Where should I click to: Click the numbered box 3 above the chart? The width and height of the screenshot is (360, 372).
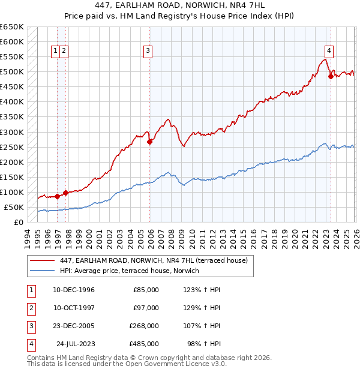pos(148,52)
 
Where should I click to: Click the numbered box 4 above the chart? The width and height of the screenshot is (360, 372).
pos(329,52)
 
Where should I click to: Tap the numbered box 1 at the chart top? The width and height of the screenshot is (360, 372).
pos(55,52)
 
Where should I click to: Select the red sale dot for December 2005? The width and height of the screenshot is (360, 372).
pos(150,142)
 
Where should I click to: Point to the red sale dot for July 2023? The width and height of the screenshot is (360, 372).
pos(331,76)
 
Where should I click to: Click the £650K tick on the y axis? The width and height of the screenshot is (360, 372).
pos(12,27)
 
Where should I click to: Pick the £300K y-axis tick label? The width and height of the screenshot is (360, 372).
pos(12,132)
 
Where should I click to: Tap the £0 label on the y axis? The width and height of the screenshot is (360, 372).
pos(19,222)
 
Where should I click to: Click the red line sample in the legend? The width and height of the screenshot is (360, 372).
pos(42,260)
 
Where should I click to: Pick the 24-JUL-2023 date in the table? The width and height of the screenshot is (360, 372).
pos(75,344)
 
